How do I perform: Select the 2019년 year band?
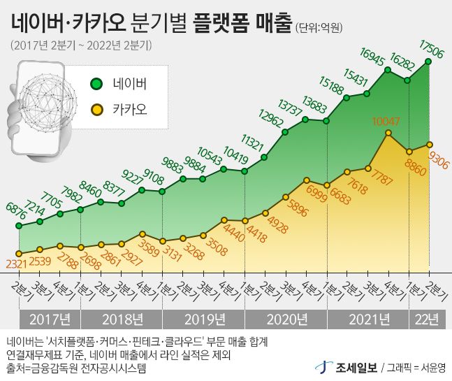click(203, 320)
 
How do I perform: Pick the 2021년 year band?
click(367, 320)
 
